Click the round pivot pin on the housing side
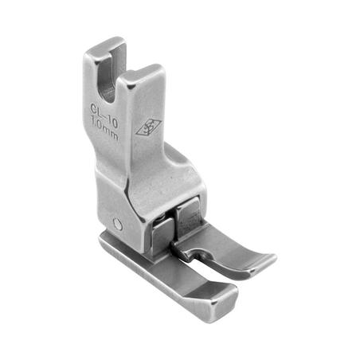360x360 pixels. click(x=118, y=225)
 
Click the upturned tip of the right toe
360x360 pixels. click(x=264, y=260)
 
